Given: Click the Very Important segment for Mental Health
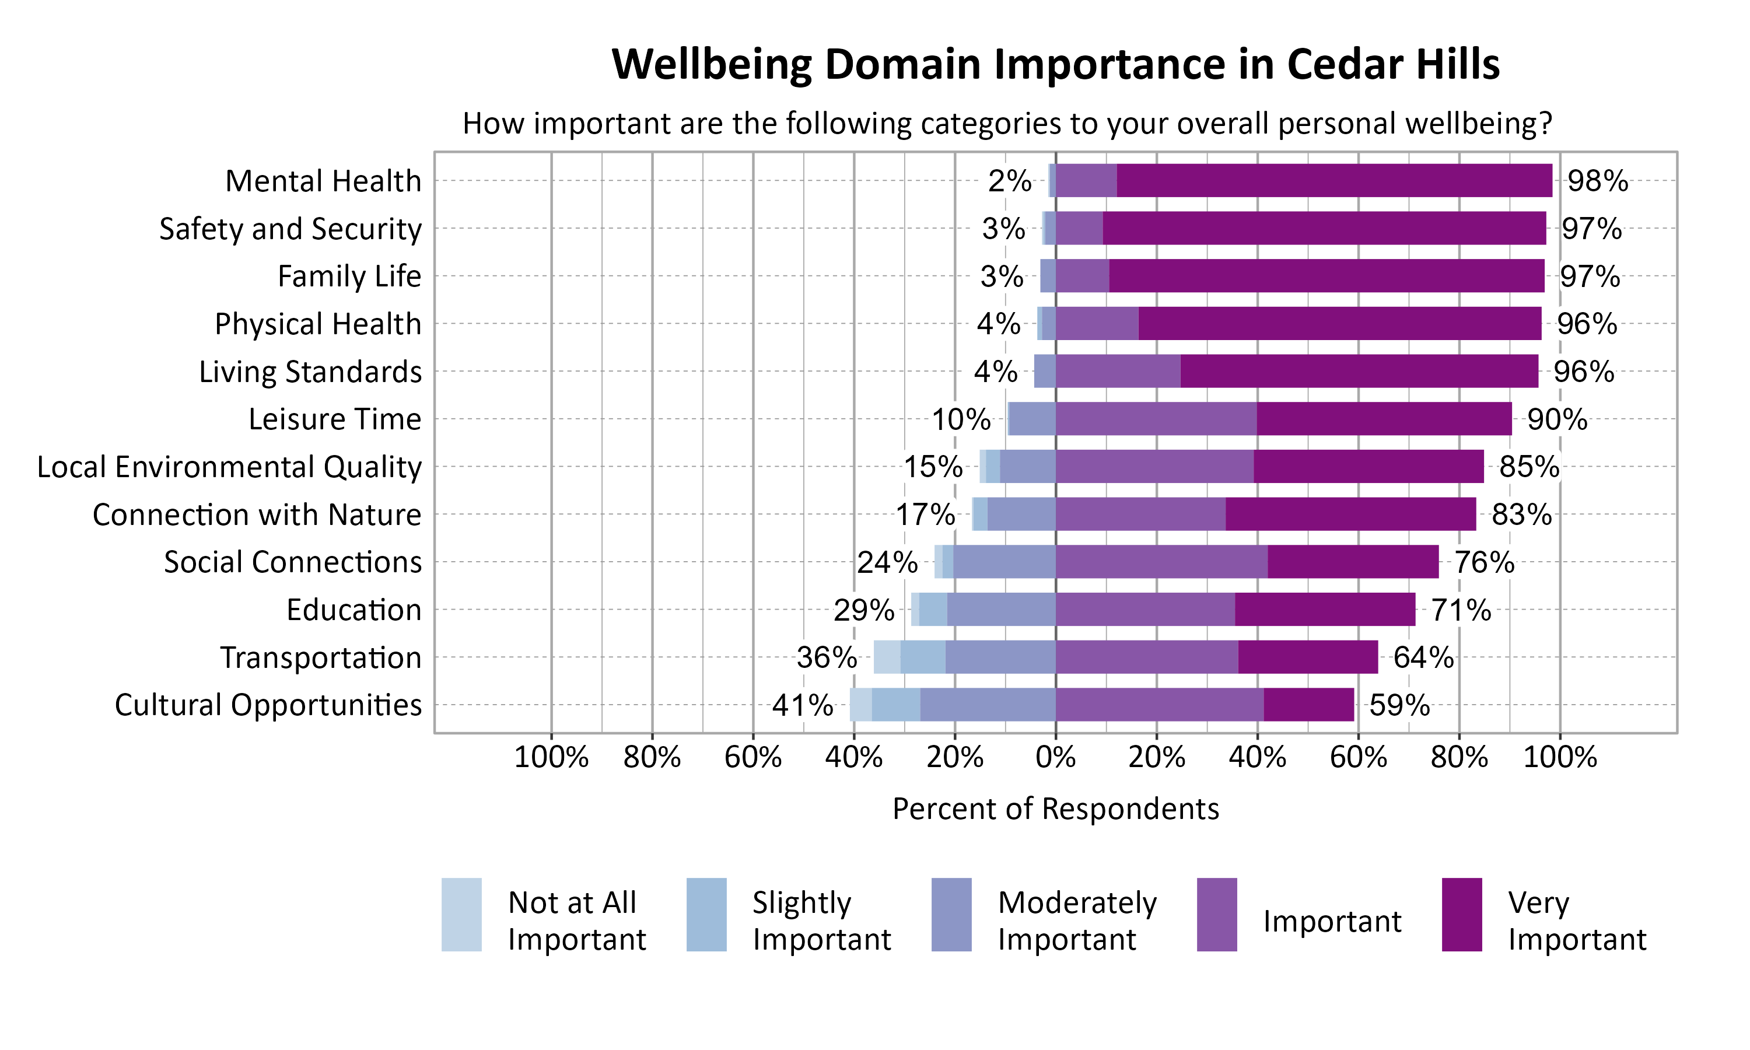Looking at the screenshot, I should click(x=1333, y=180).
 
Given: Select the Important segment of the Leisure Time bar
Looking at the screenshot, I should click(x=1156, y=419).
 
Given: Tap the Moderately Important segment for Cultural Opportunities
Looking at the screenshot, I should click(x=988, y=705).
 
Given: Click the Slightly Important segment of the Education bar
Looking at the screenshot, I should click(x=932, y=609).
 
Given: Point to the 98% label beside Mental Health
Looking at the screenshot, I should click(x=1597, y=181).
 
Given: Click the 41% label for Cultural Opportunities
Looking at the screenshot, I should click(x=802, y=705).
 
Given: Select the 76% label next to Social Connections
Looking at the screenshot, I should click(x=1484, y=562).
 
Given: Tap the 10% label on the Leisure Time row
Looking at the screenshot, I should click(x=961, y=419).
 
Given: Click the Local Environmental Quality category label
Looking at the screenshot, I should click(x=229, y=467).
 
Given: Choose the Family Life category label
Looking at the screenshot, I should click(x=349, y=276).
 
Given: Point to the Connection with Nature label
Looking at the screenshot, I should click(x=257, y=514).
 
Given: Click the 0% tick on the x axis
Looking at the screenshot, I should click(x=1055, y=758).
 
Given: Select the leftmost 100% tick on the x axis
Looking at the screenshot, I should click(x=551, y=758).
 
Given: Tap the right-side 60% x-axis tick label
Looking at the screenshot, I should click(x=1357, y=758).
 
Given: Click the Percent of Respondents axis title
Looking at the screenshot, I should click(x=1055, y=808).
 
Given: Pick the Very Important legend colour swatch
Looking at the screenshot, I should click(x=1461, y=914).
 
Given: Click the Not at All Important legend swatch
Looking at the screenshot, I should click(x=461, y=914).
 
